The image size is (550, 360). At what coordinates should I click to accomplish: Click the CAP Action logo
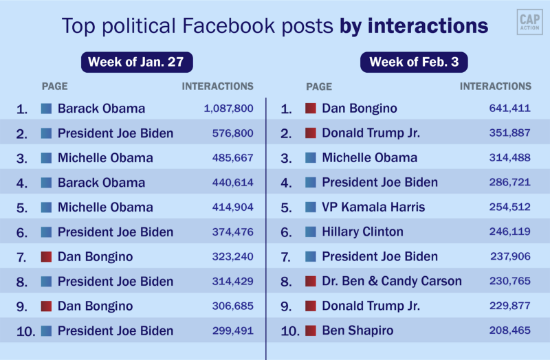coord(529,22)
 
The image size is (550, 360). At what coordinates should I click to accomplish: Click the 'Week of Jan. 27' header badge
coord(137,63)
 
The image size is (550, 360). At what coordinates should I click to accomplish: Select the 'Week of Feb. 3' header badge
coord(414,63)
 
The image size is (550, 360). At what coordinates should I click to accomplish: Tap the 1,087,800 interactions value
coord(229,109)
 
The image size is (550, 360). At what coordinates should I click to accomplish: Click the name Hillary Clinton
coord(362,232)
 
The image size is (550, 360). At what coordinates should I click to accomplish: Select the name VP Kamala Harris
coord(373,207)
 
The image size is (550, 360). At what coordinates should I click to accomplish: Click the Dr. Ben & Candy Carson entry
coord(392,282)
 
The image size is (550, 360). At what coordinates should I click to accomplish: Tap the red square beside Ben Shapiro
coord(311,331)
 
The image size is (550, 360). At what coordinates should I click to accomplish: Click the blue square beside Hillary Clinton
coord(311,232)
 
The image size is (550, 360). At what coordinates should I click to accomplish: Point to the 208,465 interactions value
coord(509,331)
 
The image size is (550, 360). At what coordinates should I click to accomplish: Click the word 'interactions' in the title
coord(428,26)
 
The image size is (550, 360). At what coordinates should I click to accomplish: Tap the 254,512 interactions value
coord(509,207)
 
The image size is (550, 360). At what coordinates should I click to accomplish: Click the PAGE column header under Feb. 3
coord(319,87)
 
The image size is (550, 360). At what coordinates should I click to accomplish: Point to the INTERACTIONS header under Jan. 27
coord(217,87)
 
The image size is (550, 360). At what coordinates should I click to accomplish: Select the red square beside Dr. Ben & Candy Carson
coord(311,282)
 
